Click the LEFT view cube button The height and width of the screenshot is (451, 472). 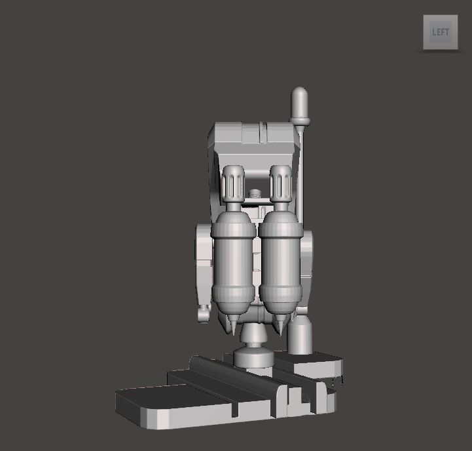(x=440, y=31)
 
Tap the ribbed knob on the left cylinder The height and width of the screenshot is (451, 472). (x=234, y=183)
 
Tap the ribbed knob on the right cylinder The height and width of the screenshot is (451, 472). (x=281, y=183)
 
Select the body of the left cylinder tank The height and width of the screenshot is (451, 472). (x=234, y=262)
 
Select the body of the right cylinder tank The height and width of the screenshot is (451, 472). (x=280, y=262)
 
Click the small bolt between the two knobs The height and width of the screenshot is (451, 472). (x=255, y=195)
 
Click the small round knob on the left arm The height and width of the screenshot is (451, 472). (x=204, y=315)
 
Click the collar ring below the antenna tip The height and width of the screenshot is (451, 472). (x=300, y=120)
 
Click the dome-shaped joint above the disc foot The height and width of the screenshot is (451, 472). (x=254, y=336)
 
